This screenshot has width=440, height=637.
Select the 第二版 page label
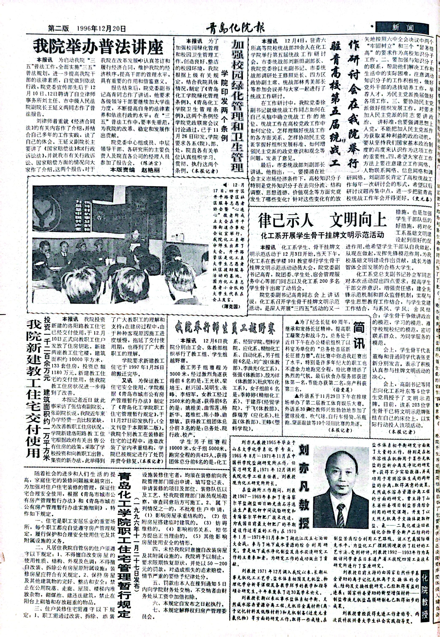click(58, 28)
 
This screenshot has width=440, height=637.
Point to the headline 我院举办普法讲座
click(98, 47)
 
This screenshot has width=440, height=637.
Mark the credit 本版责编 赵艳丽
click(135, 170)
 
